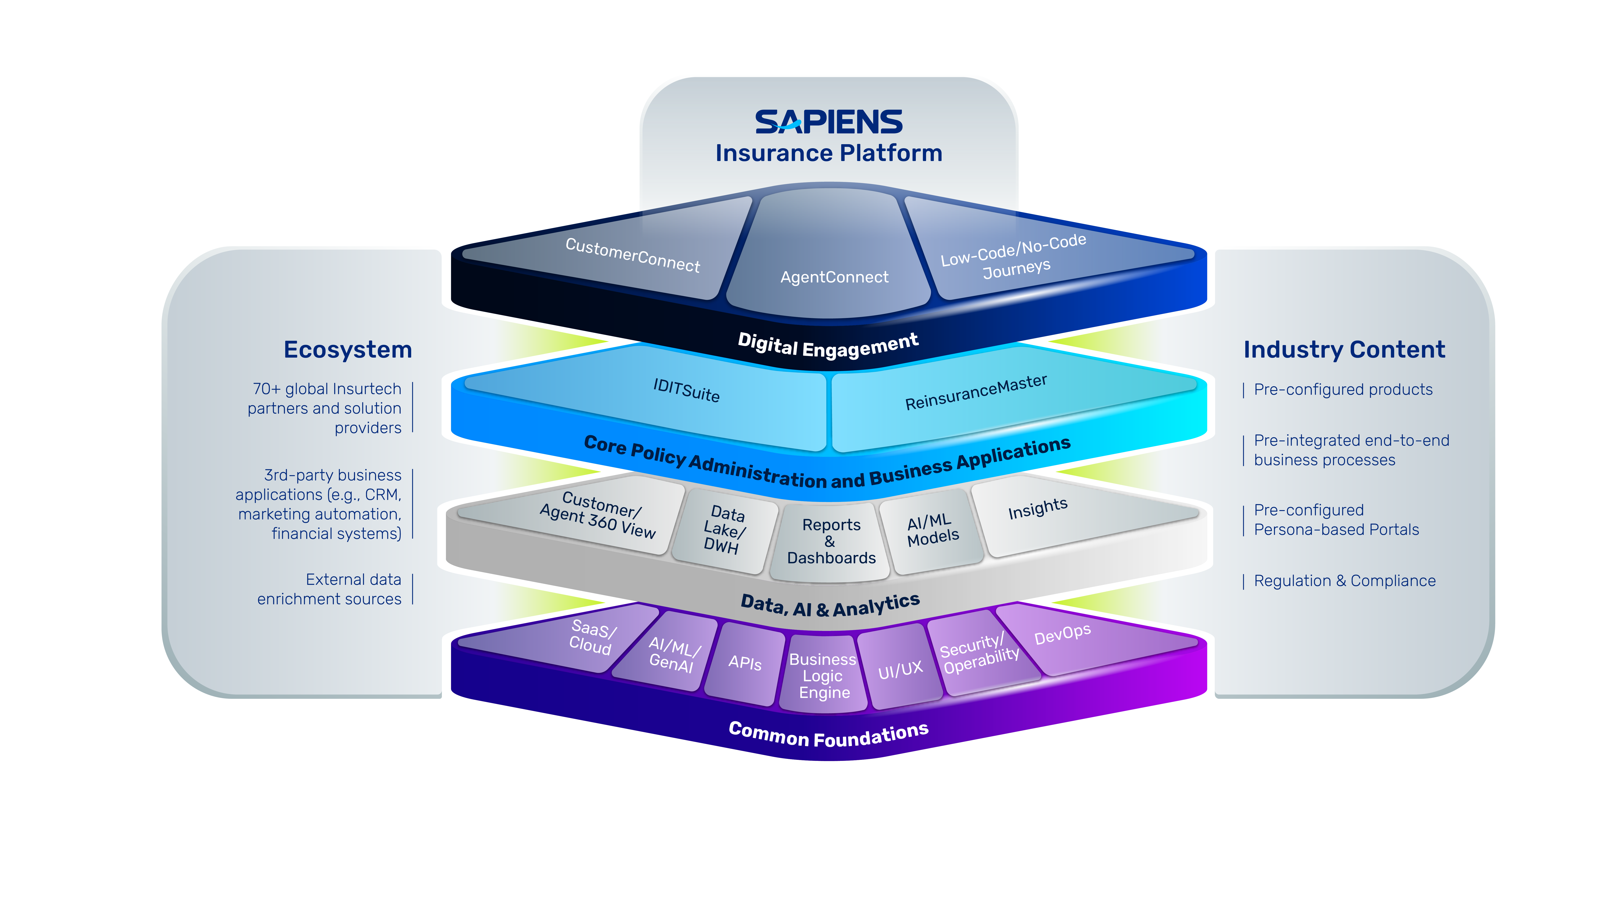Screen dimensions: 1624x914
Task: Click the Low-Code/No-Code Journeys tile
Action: [1034, 252]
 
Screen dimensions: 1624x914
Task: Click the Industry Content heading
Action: [1344, 349]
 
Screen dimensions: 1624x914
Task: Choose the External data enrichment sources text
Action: [329, 589]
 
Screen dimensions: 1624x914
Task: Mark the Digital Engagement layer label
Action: [828, 345]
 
